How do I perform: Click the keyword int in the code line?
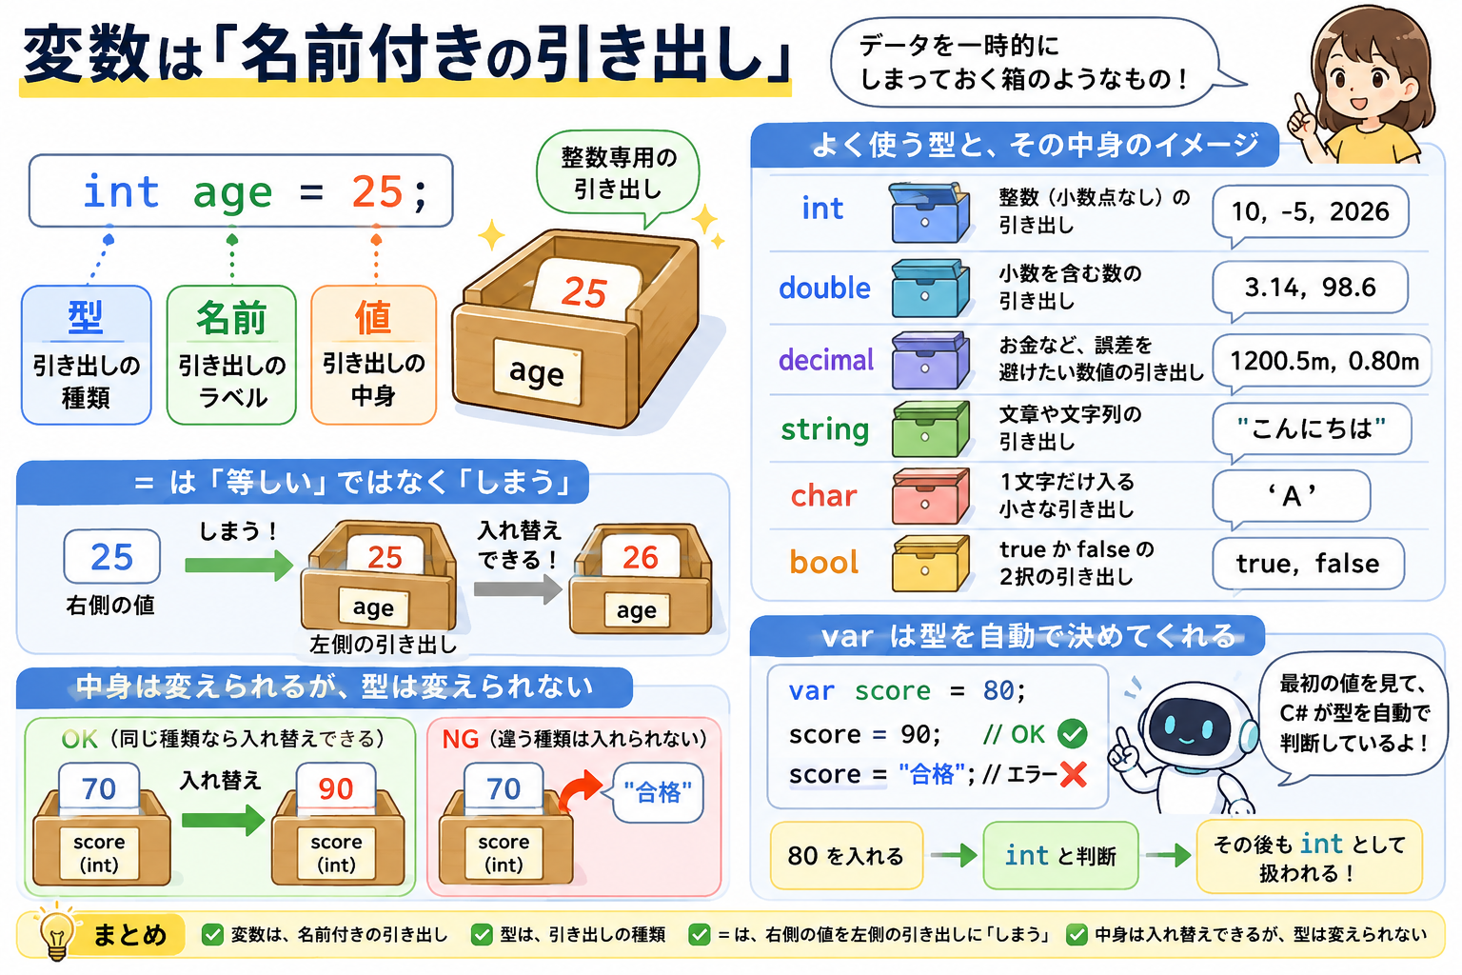pos(122,192)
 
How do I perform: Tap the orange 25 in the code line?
pos(377,192)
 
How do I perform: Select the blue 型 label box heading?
pos(86,317)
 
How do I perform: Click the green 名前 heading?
pos(231,318)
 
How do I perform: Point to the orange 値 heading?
pos(373,317)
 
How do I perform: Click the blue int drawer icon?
pos(929,213)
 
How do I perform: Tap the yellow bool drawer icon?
pos(929,563)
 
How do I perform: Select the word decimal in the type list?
pos(825,359)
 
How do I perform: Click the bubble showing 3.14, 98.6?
pos(1310,288)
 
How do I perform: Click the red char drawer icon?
pos(929,496)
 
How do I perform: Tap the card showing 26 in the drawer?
pos(640,556)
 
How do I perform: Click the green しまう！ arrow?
pos(239,565)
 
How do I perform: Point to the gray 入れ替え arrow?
pos(518,589)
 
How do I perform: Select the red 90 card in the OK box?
pos(335,788)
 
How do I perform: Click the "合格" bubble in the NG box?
pos(657,792)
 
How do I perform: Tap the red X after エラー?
pos(1073,774)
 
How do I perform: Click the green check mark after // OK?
pos(1073,733)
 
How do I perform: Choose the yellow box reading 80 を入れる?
pos(846,855)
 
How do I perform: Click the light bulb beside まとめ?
pos(56,932)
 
